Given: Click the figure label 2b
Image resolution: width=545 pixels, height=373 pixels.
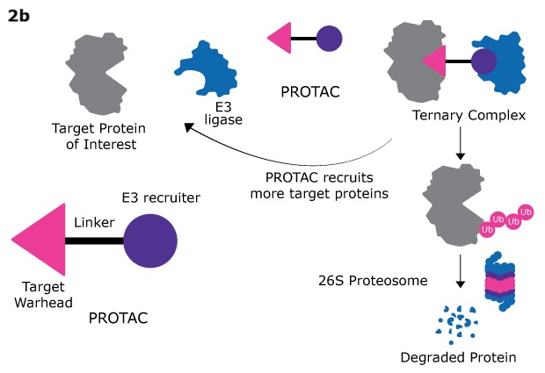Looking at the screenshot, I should click(x=18, y=15).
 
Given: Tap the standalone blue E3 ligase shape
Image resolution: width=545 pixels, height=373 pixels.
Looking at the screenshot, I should click(x=208, y=67).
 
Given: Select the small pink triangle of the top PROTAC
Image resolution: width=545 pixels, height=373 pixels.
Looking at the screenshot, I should click(x=280, y=39).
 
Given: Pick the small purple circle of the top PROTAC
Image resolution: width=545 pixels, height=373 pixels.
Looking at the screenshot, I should click(x=328, y=39).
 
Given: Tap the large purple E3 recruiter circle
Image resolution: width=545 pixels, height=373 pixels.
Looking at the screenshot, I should click(x=150, y=240).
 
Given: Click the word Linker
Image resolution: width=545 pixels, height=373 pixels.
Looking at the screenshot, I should click(x=94, y=223).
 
